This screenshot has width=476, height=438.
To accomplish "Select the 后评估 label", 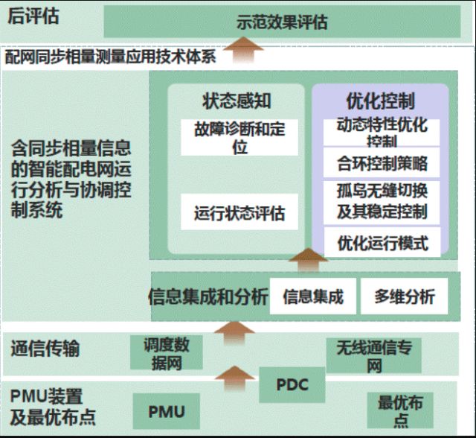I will pyautogui.click(x=33, y=16).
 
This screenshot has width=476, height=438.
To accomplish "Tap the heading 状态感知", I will pyautogui.click(x=236, y=101).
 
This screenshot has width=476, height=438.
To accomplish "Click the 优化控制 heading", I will pyautogui.click(x=380, y=101).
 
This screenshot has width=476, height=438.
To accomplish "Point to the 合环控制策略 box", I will pyautogui.click(x=382, y=163).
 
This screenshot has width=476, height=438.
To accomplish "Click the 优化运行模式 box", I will pyautogui.click(x=382, y=243).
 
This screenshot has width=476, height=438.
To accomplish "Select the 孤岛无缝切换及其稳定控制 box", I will pyautogui.click(x=382, y=201).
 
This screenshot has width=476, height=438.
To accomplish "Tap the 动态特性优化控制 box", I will pyautogui.click(x=382, y=131).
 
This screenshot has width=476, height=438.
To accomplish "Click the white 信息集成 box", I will pyautogui.click(x=312, y=296).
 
